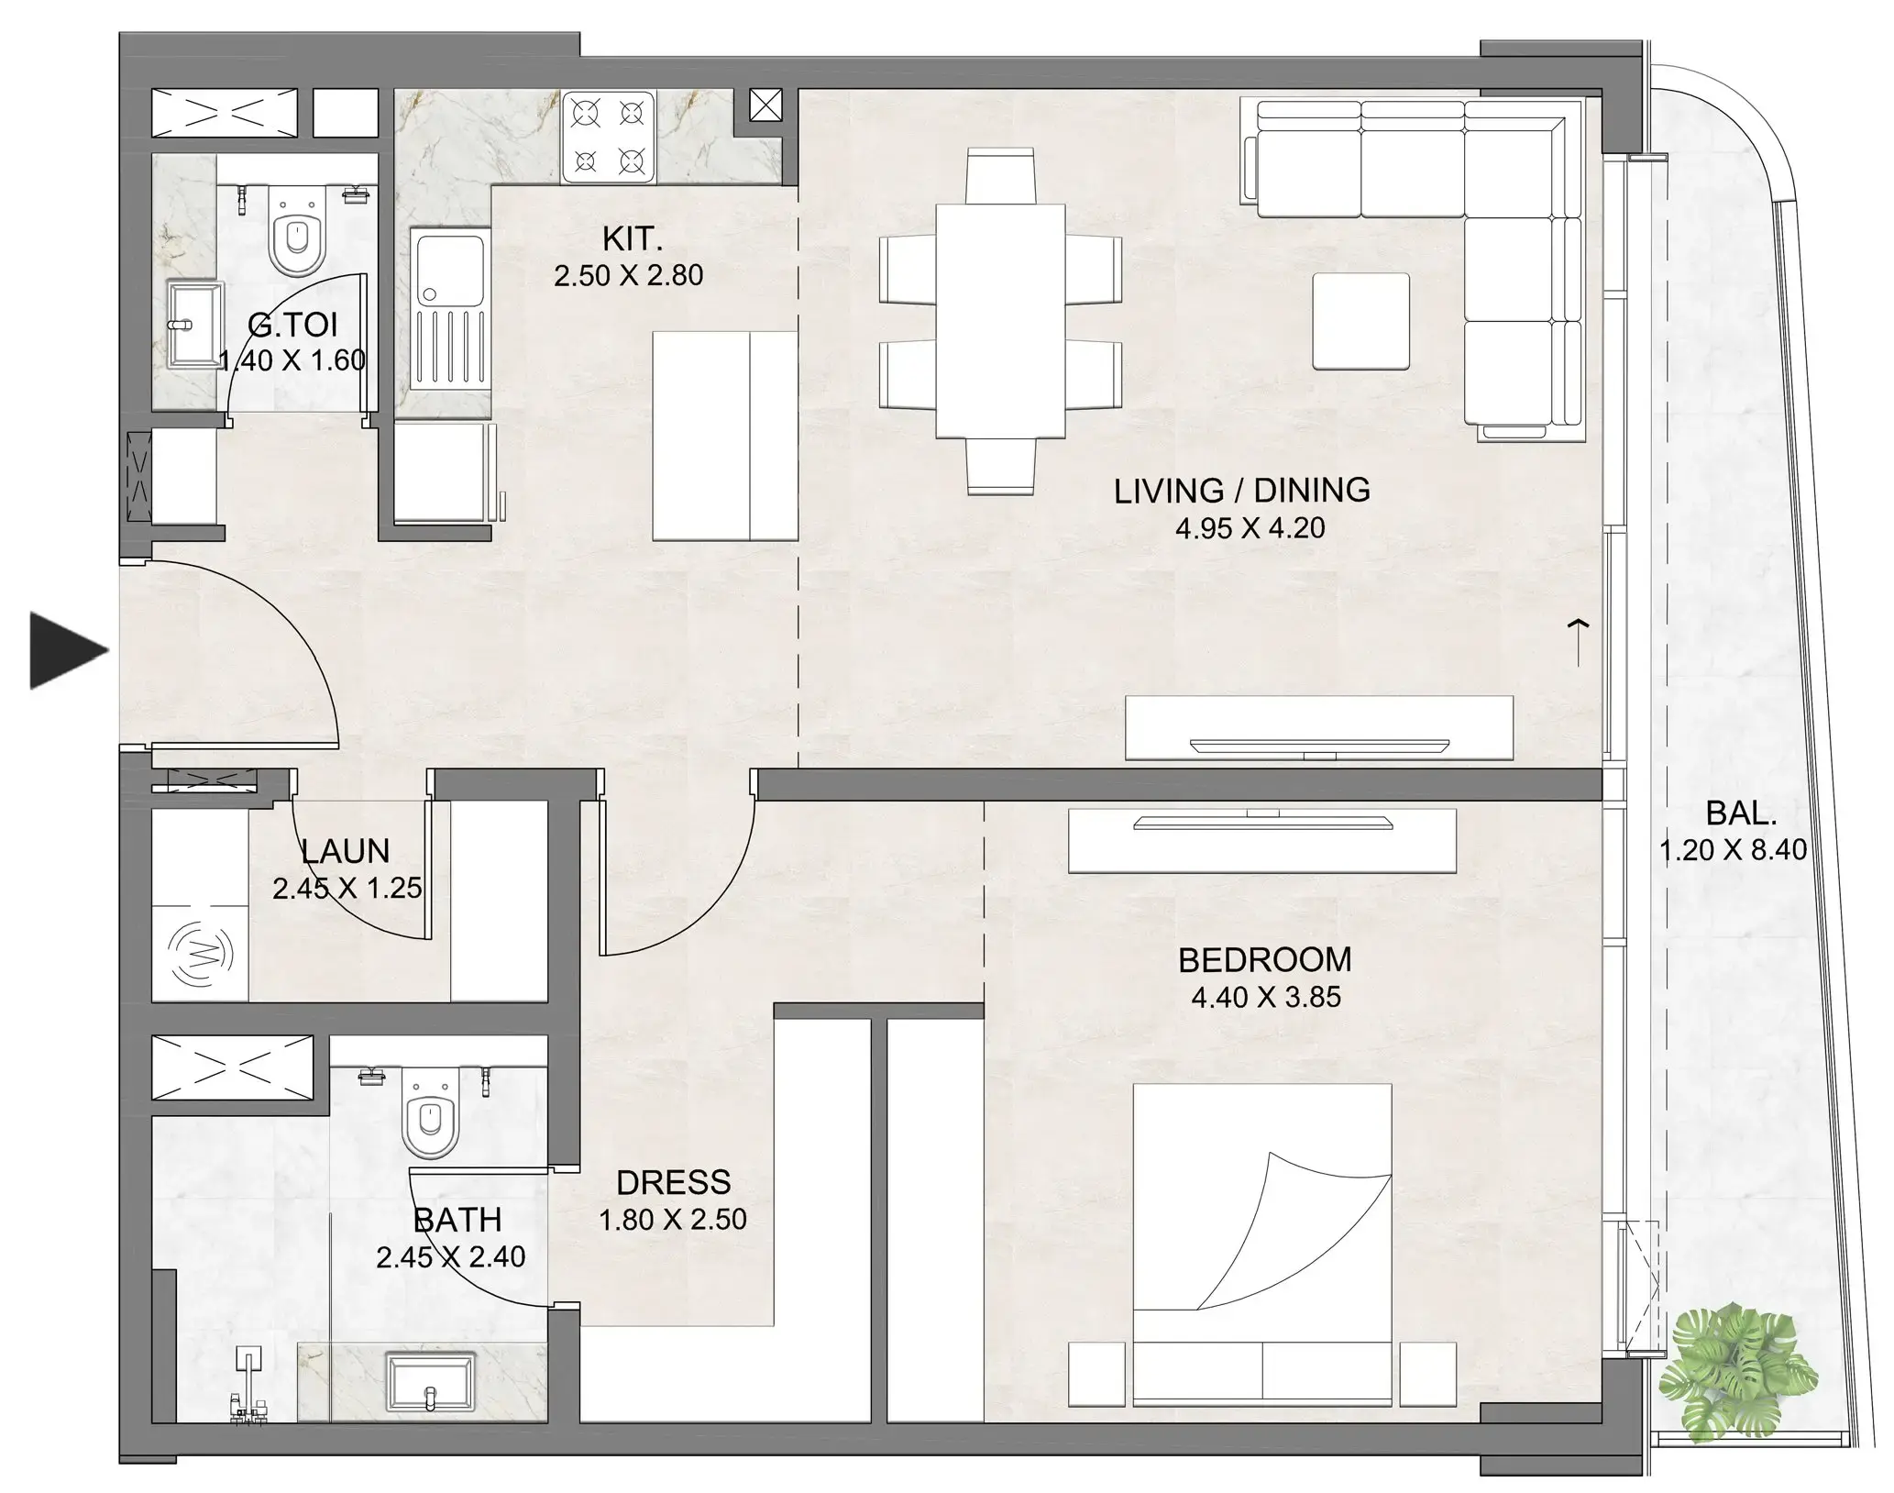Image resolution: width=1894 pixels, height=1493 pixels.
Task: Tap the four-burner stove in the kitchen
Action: tap(607, 137)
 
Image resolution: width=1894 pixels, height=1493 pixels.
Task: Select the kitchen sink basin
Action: tap(449, 267)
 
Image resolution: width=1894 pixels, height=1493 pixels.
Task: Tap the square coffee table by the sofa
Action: tap(1360, 321)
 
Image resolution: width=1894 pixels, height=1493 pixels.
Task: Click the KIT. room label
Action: tap(632, 239)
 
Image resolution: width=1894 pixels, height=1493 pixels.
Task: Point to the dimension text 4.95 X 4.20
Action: tap(1250, 528)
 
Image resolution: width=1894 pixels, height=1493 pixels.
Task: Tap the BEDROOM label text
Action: tap(1264, 960)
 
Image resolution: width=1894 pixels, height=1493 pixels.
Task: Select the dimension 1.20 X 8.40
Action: tap(1733, 850)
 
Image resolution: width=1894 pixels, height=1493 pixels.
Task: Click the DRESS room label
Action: tap(673, 1182)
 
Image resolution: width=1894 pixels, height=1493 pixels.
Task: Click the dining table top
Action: tap(1000, 321)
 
